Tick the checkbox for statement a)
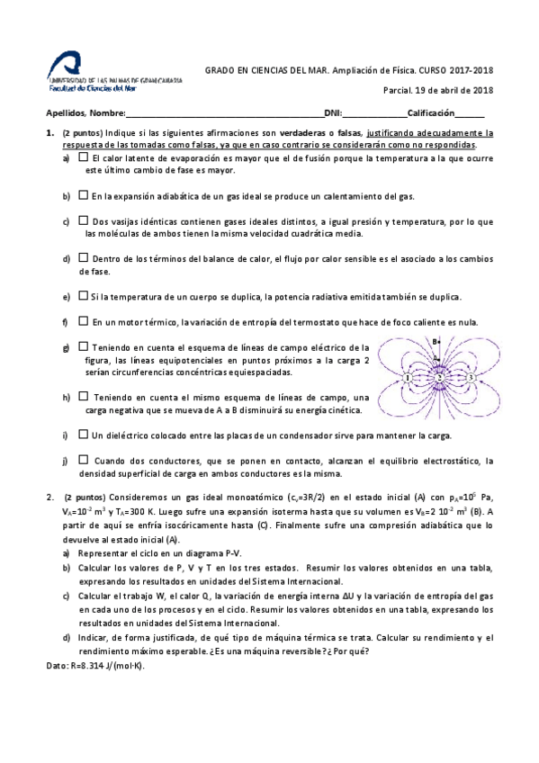[x=83, y=157]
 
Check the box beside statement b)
[x=83, y=194]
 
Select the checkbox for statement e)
[x=83, y=295]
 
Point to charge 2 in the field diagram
[x=439, y=377]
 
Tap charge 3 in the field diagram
[x=470, y=378]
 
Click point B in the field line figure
[x=436, y=342]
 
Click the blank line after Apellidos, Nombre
[x=225, y=114]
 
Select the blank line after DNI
[x=374, y=114]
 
